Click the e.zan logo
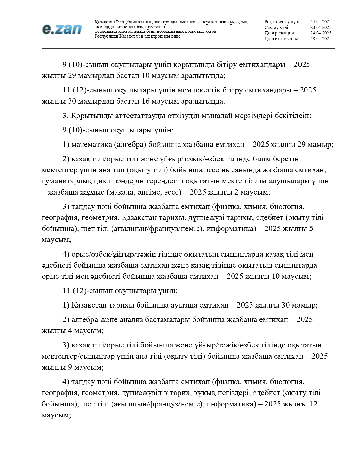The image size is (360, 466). pos(62,29)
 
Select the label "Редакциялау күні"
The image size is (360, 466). pos(282,22)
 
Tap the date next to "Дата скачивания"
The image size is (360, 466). pos(321,39)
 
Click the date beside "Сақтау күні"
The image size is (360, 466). pos(321,27)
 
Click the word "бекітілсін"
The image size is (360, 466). pos(293,116)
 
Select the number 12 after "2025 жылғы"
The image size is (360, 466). pos(313,404)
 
